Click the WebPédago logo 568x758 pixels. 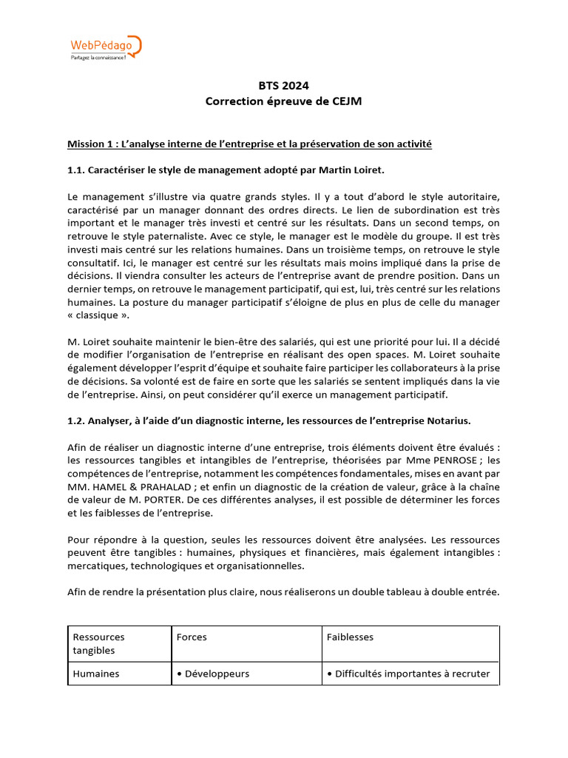[104, 47]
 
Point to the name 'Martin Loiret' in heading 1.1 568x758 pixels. [353, 170]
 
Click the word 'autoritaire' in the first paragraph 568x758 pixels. [470, 196]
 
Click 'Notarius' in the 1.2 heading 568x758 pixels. [447, 421]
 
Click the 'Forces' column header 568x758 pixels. [192, 637]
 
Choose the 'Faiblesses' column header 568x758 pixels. [350, 637]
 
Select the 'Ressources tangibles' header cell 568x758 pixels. [98, 643]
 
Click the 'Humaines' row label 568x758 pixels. [95, 674]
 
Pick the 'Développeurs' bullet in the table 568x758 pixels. [212, 674]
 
